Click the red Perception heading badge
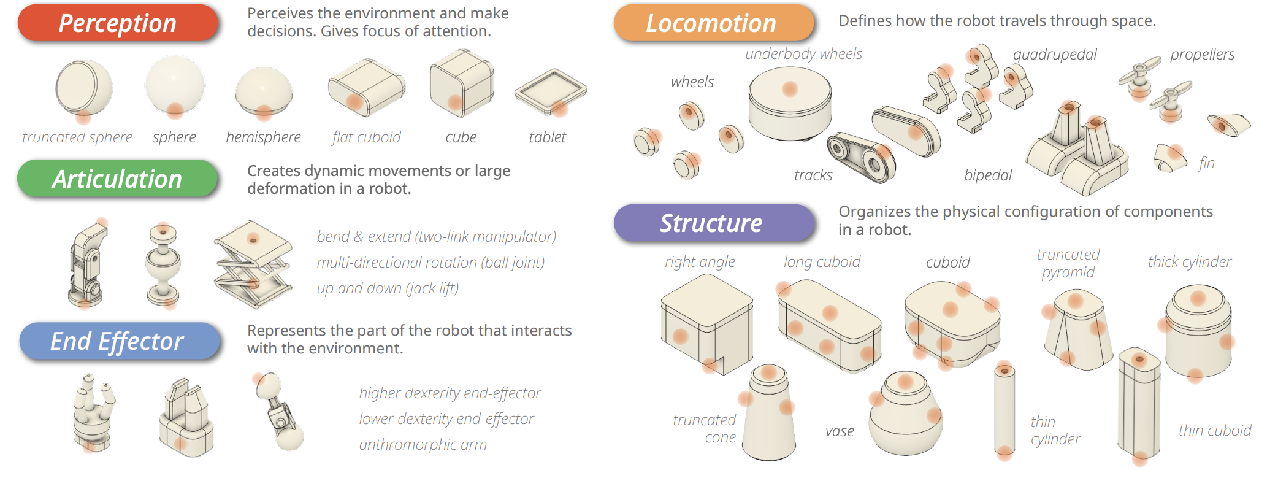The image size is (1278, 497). click(118, 23)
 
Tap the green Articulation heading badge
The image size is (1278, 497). click(117, 179)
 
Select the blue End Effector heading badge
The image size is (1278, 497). click(119, 341)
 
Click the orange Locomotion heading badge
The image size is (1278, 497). click(714, 23)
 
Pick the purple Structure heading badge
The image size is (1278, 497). click(714, 223)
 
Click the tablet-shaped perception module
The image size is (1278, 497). click(551, 92)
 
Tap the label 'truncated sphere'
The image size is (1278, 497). click(77, 137)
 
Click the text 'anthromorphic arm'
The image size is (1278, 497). click(423, 444)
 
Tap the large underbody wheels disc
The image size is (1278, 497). click(790, 103)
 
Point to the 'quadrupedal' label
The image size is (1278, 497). click(1055, 55)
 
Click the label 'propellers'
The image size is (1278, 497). click(1202, 55)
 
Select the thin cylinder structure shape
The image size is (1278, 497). click(1004, 410)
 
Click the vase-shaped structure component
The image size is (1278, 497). click(906, 413)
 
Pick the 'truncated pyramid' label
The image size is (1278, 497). click(1068, 263)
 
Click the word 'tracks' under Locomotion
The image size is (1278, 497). click(813, 175)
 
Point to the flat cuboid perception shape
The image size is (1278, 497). click(367, 88)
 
